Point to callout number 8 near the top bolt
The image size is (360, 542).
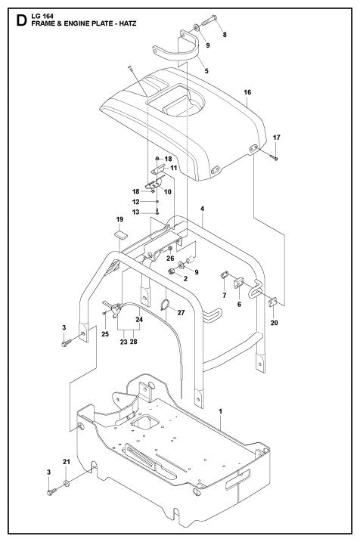click(224, 36)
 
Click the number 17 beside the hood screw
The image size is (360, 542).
click(277, 138)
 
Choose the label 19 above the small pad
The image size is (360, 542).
click(119, 219)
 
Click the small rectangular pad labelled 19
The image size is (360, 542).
click(119, 235)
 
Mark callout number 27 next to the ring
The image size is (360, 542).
click(181, 311)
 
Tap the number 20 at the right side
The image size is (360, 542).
click(274, 323)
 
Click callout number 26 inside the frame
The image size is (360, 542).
click(171, 259)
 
